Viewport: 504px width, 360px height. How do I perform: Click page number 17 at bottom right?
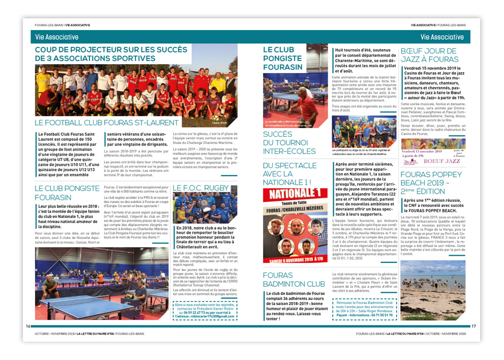(474, 326)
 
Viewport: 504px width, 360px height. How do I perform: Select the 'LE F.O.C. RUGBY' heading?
(201, 188)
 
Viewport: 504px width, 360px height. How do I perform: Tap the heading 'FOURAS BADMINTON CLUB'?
(294, 279)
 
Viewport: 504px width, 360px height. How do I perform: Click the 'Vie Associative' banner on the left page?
(57, 37)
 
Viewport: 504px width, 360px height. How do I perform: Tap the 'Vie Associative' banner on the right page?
(442, 37)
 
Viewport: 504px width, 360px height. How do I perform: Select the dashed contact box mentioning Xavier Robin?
(205, 310)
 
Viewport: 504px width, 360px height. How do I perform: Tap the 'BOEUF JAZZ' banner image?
(433, 153)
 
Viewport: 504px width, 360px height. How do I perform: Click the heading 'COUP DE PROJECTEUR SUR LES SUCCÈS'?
(134, 53)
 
